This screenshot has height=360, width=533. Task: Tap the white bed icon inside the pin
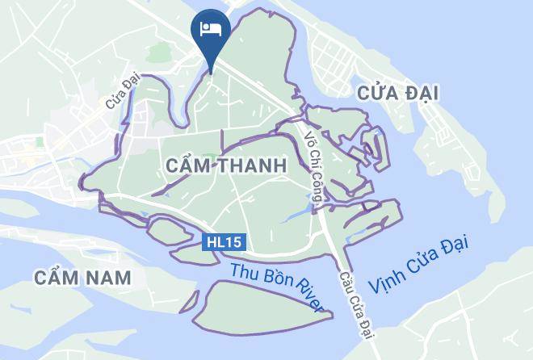pos(210,28)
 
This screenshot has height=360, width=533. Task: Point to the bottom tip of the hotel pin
pos(210,71)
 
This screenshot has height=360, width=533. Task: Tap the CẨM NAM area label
pos(83,278)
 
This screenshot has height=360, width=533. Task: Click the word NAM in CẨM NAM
pos(112,278)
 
